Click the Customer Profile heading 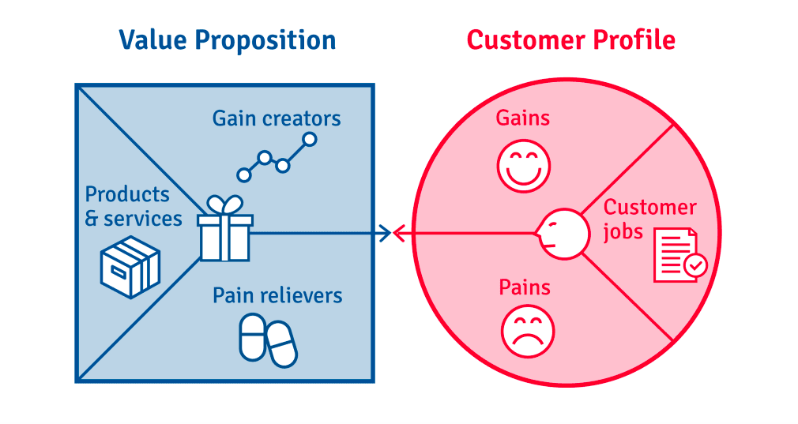coord(571,40)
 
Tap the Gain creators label coord(277,118)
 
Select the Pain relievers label coord(277,295)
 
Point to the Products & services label coord(134,206)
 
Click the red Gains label coord(523,118)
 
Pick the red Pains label coord(524,287)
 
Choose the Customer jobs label coord(650,220)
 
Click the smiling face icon coord(524,167)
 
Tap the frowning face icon coord(528,331)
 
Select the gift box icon coord(225,229)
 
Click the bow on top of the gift coord(225,204)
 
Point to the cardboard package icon coord(130,267)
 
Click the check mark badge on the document coord(695,265)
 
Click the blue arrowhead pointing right coord(386,234)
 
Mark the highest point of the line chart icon coord(309,139)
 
